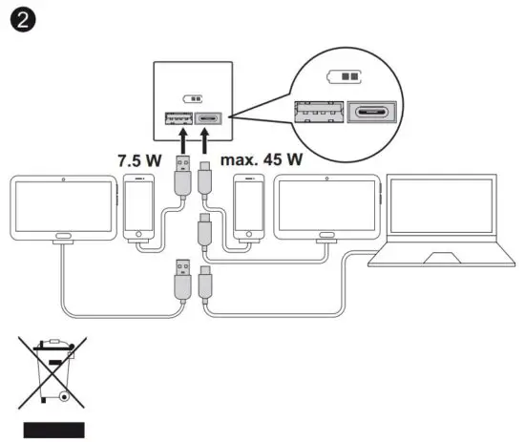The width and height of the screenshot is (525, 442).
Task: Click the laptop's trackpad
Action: [444, 258]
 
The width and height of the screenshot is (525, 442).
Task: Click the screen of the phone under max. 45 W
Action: [250, 205]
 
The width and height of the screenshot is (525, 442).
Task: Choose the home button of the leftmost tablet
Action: [64, 237]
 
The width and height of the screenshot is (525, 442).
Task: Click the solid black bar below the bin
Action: [54, 429]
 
